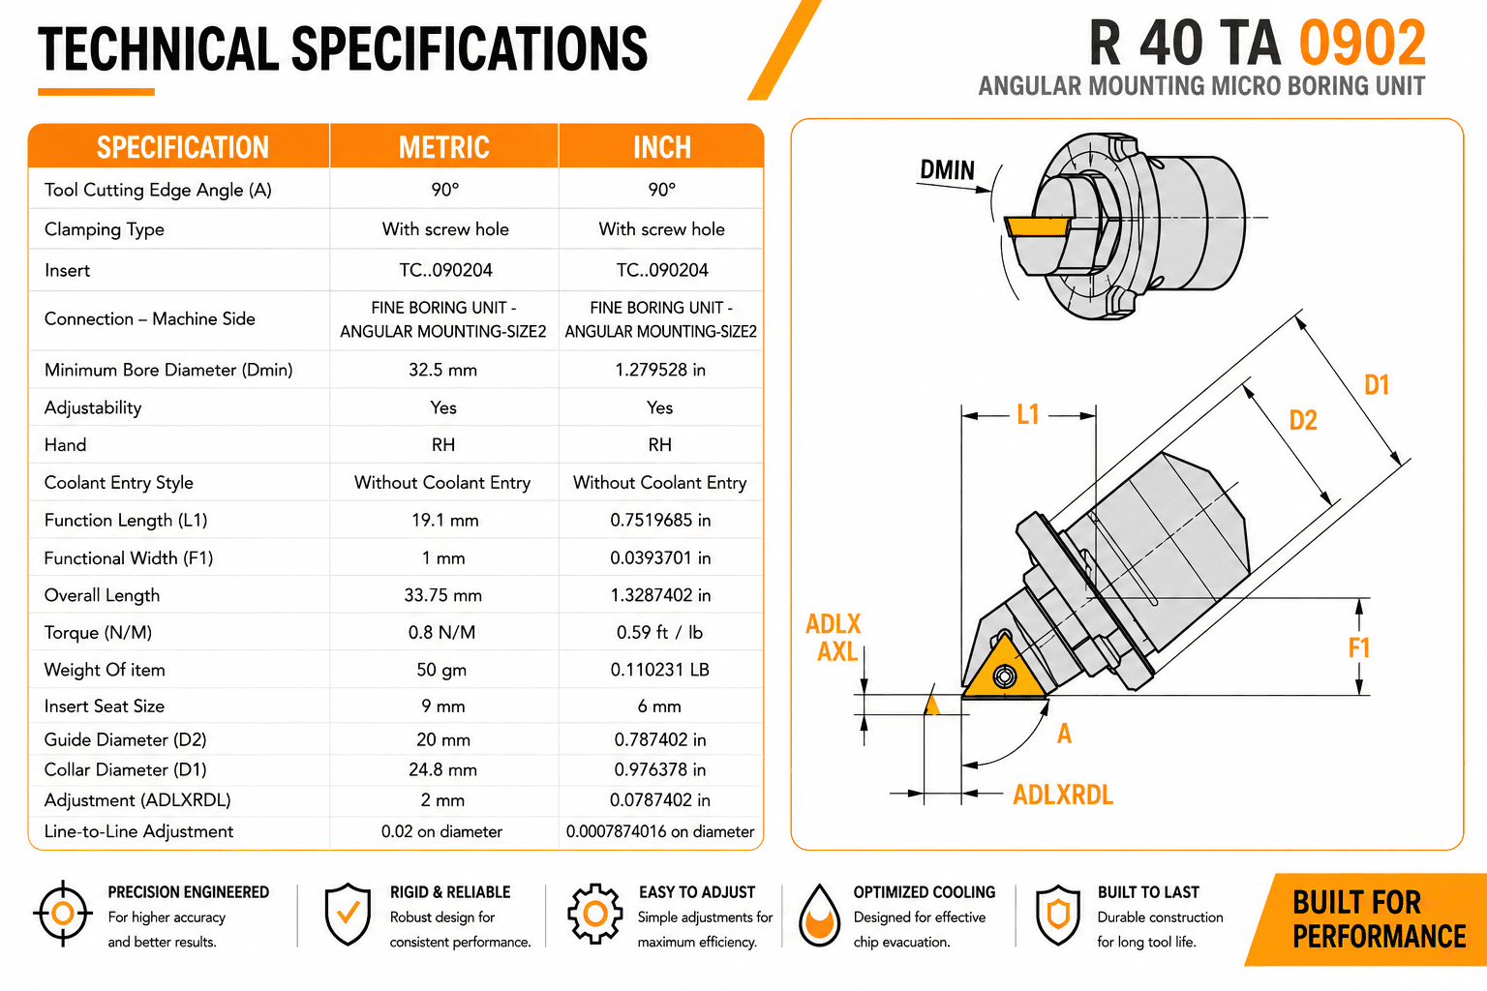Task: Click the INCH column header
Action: pos(662,147)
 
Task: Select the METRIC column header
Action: pos(443,147)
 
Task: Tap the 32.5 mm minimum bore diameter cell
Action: pos(442,370)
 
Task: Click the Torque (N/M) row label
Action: pos(98,633)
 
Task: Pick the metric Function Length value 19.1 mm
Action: pos(444,521)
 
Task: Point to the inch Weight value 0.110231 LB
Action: pos(660,670)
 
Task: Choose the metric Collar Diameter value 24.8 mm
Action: pos(442,770)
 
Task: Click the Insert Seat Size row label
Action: pos(105,706)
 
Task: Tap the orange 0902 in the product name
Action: pos(1362,44)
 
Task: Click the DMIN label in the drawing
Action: pos(948,170)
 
